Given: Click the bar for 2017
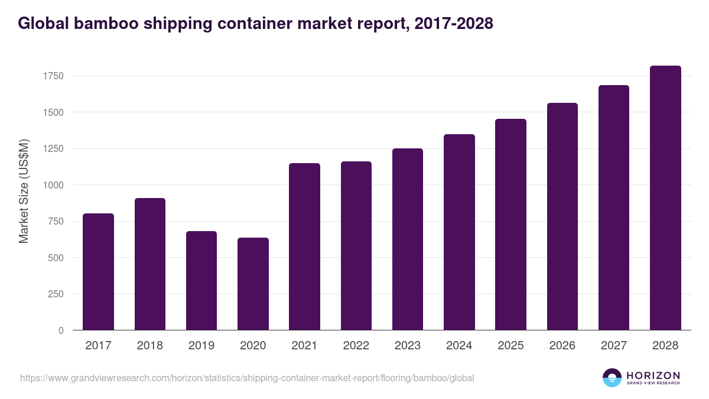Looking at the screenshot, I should (98, 272).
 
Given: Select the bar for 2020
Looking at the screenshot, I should (253, 284).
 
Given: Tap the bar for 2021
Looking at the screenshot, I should (304, 246).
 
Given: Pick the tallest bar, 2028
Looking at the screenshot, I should (665, 198).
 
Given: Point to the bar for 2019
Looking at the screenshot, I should (201, 281).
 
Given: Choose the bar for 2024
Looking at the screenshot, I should (459, 232).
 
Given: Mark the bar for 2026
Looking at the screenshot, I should (562, 216).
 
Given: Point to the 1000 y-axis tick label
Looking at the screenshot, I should (53, 185).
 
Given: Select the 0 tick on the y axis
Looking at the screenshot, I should (60, 330).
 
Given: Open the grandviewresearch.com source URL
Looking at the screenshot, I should (247, 378).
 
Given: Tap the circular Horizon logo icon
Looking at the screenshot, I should (612, 378).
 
